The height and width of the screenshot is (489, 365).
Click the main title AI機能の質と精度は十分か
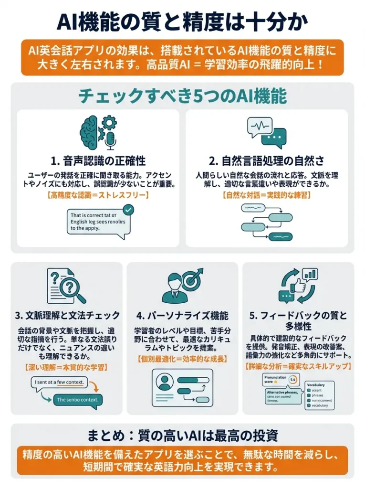click(x=182, y=22)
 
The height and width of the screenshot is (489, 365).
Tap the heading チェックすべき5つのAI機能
click(x=182, y=97)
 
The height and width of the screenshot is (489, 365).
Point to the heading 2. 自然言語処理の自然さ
click(x=270, y=160)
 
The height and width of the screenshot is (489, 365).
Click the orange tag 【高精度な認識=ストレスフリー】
click(x=98, y=195)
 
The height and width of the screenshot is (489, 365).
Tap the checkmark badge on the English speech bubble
click(x=128, y=210)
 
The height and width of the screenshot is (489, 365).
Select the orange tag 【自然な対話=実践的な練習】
click(x=270, y=195)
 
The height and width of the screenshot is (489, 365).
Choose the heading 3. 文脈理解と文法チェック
click(x=67, y=315)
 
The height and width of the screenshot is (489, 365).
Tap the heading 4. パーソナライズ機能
click(x=182, y=315)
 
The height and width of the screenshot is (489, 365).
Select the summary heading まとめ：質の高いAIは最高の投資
click(x=182, y=436)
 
